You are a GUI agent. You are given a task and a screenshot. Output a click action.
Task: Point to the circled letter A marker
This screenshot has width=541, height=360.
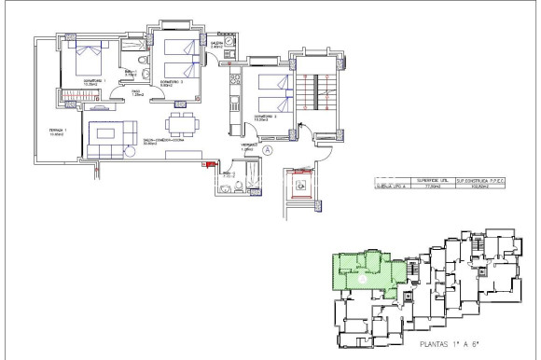(267, 148)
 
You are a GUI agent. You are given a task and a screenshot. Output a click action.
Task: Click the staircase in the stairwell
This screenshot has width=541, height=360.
(313, 92)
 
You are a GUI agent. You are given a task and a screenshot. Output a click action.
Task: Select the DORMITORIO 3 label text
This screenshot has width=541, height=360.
(263, 118)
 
